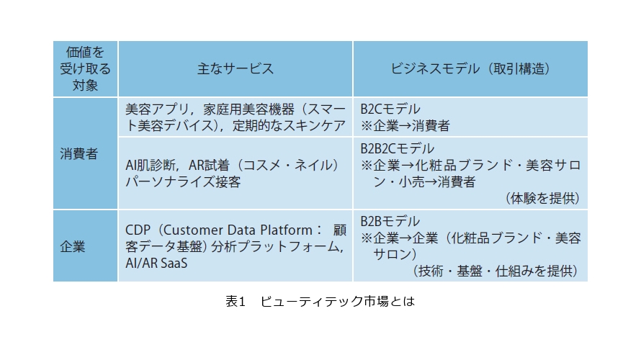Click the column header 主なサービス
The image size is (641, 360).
tap(236, 68)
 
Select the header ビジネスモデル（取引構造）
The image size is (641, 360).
tap(470, 68)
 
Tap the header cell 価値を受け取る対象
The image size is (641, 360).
tap(86, 68)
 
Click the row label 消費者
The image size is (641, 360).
tap(79, 153)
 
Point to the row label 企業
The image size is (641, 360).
tap(73, 246)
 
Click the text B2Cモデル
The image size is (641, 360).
tap(390, 109)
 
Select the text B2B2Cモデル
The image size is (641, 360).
tap(397, 148)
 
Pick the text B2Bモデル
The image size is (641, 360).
tap(390, 221)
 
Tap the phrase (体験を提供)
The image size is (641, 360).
tap(542, 198)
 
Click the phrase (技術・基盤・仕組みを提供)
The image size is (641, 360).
tap(495, 271)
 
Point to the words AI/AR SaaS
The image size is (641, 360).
tap(156, 263)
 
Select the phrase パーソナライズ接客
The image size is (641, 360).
tap(183, 181)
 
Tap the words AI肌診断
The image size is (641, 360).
tap(151, 165)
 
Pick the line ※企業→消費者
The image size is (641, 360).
tap(405, 125)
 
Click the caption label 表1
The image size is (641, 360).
tap(236, 301)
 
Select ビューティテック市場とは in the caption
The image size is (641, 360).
tap(338, 301)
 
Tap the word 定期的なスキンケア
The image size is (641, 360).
tap(289, 125)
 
